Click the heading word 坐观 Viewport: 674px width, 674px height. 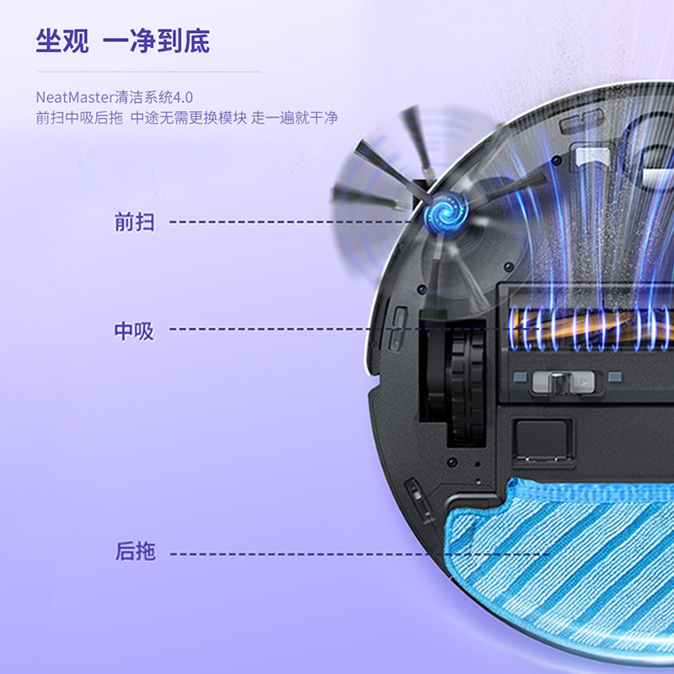click(x=62, y=41)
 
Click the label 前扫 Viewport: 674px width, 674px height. click(x=135, y=222)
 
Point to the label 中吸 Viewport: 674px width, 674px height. click(x=135, y=330)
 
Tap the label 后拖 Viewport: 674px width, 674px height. click(x=135, y=553)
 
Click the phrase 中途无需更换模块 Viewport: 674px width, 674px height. click(x=189, y=118)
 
